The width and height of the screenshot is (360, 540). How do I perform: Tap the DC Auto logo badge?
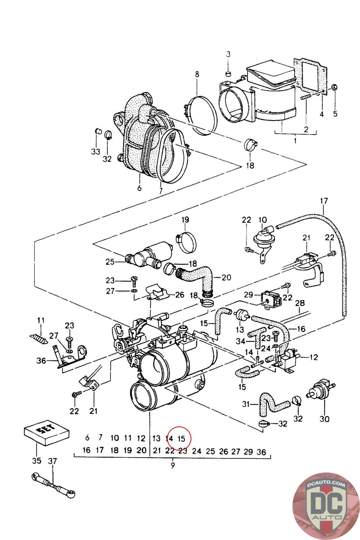(x=326, y=506)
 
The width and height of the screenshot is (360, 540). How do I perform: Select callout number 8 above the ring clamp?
(x=197, y=74)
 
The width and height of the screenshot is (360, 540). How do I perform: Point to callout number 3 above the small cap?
(x=228, y=54)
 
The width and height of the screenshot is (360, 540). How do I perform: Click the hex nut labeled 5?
(x=334, y=87)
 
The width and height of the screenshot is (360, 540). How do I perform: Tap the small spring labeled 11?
(x=37, y=339)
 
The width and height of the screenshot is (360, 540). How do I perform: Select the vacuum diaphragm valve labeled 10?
(x=263, y=238)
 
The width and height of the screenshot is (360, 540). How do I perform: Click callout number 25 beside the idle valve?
(x=110, y=262)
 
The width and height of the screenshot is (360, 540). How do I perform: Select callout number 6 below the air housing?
(x=139, y=188)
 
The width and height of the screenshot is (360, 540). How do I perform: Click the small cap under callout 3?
(x=228, y=74)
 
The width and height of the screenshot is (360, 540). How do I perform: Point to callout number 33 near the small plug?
(x=95, y=152)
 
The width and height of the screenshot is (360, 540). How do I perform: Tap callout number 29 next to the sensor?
(x=248, y=295)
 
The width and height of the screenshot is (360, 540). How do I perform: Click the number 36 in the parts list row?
(x=261, y=452)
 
